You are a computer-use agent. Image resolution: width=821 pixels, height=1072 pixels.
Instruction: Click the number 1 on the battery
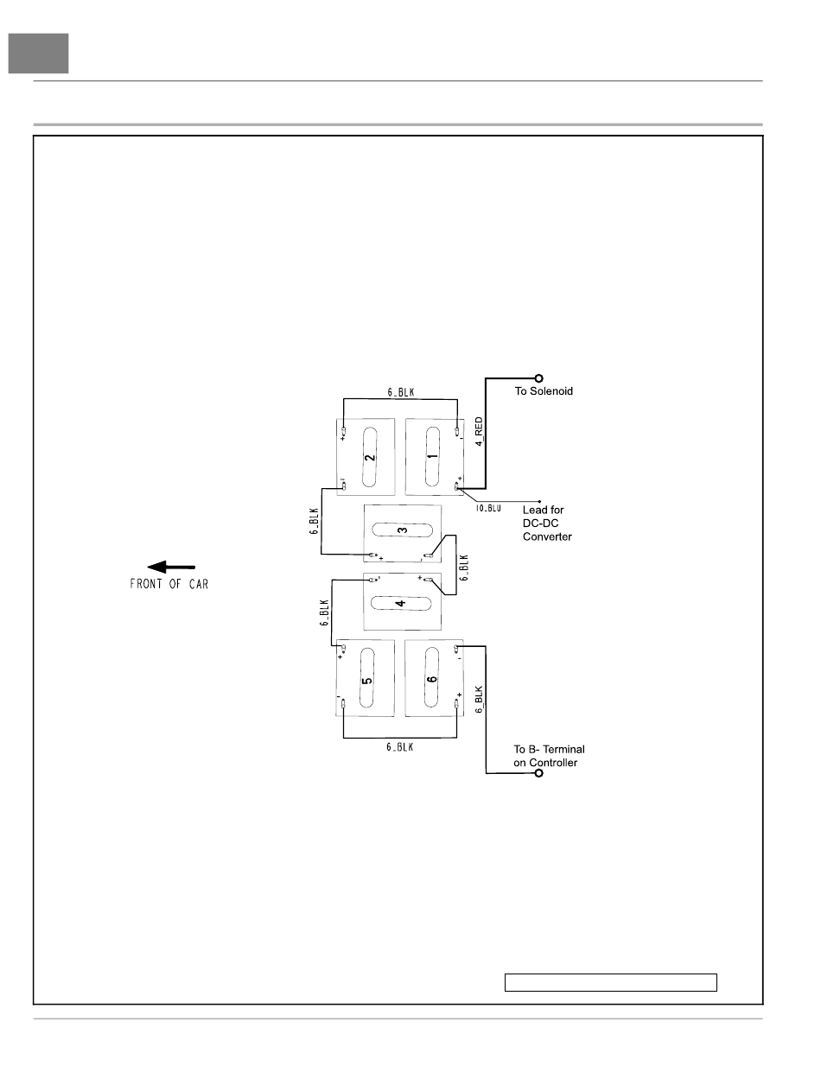(x=433, y=452)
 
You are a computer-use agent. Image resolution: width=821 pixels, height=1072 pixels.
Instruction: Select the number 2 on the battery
(x=370, y=457)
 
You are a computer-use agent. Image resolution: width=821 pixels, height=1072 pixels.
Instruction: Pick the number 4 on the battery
(x=400, y=603)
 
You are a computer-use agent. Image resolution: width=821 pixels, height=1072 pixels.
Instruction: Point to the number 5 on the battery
(x=367, y=680)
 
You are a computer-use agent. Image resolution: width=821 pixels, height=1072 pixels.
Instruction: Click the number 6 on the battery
(x=432, y=679)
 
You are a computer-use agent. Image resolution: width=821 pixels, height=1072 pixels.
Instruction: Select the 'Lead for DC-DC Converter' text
(x=548, y=523)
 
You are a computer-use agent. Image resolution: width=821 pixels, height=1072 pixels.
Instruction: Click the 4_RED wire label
(x=478, y=431)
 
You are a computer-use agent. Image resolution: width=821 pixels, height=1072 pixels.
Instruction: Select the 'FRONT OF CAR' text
(x=169, y=583)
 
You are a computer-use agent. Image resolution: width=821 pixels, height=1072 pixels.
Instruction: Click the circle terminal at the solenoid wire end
(x=539, y=377)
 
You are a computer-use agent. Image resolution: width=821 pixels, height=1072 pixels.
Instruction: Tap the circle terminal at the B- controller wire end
(x=539, y=773)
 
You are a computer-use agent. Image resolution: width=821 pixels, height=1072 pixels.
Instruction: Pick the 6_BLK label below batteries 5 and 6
(x=399, y=747)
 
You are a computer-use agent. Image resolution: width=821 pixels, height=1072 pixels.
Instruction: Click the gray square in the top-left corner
(x=39, y=54)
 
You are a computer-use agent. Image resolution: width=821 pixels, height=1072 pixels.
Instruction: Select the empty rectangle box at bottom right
(x=611, y=982)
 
